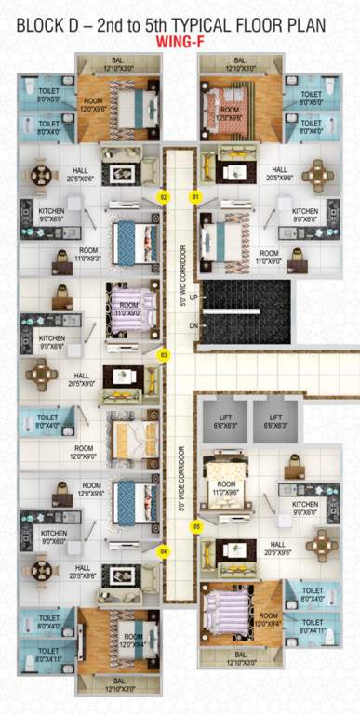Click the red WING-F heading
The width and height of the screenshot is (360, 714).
click(x=180, y=40)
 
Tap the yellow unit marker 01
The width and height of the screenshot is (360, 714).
click(x=195, y=197)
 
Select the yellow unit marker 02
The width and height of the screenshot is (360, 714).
click(x=163, y=197)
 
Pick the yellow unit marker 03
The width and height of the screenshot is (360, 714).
click(x=163, y=355)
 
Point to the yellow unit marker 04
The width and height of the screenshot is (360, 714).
click(x=163, y=551)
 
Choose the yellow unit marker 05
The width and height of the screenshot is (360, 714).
click(x=195, y=526)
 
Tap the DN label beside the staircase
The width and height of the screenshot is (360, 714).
click(x=193, y=325)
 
